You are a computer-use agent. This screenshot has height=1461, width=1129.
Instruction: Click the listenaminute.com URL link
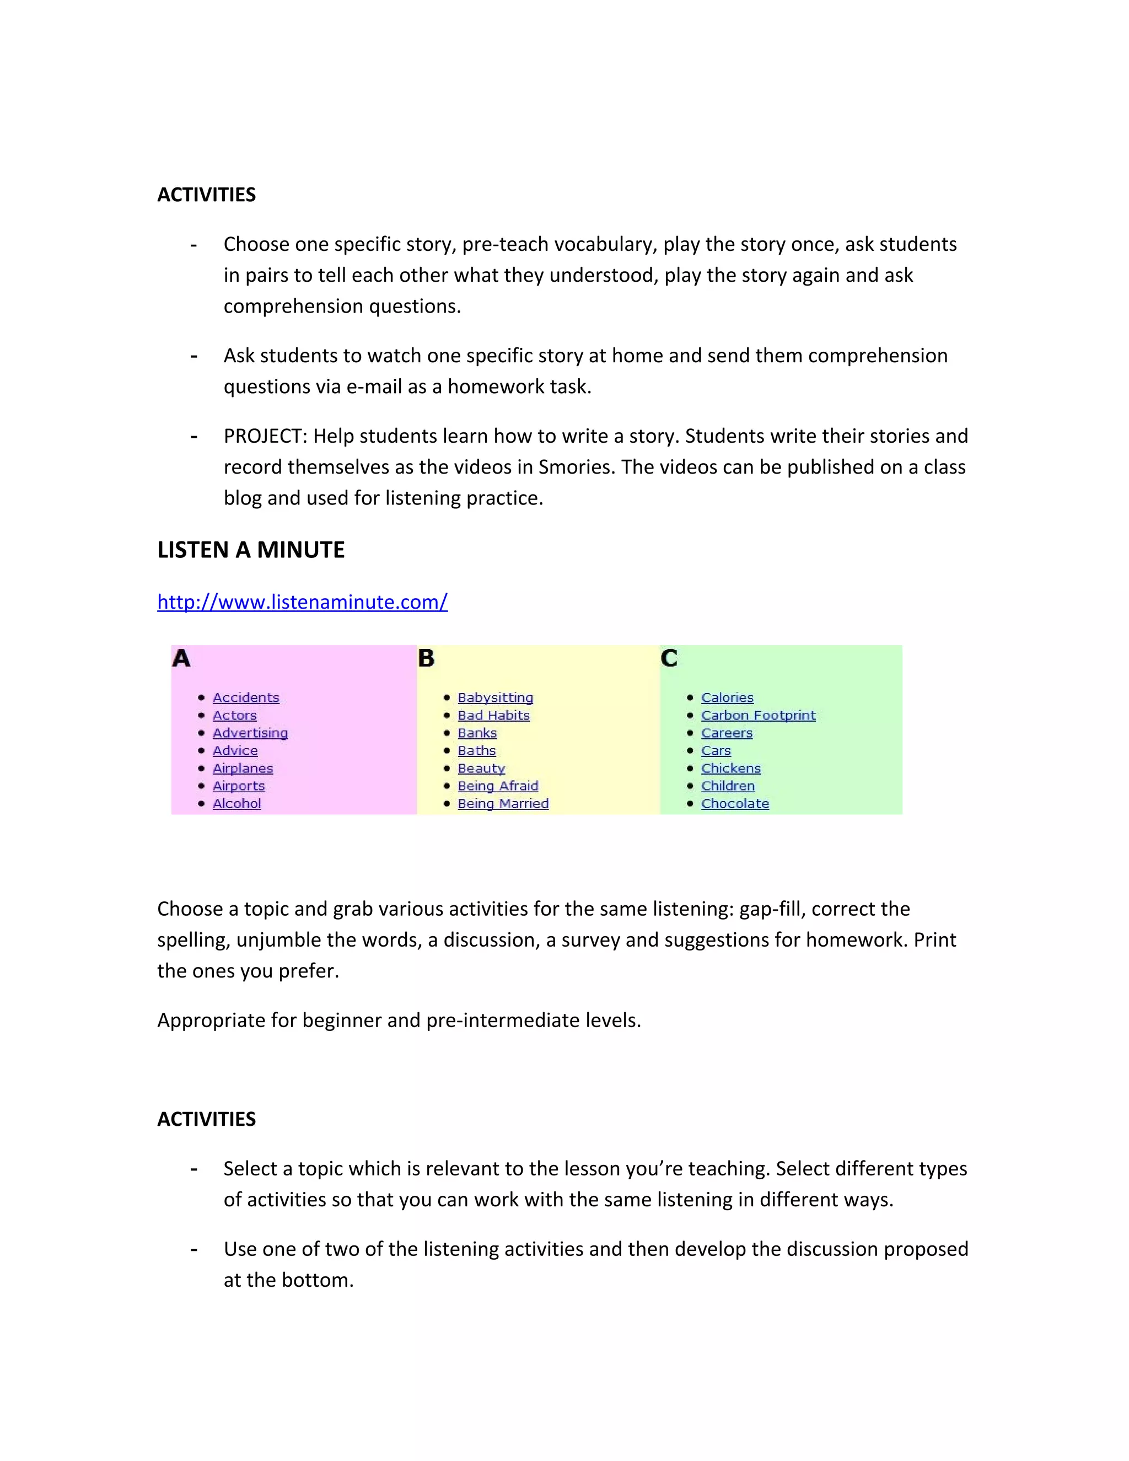click(302, 602)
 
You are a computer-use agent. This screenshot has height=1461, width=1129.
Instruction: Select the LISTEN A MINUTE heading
click(251, 550)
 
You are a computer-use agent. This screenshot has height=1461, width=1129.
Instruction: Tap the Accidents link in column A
click(245, 698)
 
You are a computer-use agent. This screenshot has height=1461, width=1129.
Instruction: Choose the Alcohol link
click(236, 803)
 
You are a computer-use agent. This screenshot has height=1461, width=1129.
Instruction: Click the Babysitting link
click(495, 698)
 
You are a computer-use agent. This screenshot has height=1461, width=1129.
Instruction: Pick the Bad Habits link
click(493, 715)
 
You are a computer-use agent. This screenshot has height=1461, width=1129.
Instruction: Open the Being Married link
click(503, 803)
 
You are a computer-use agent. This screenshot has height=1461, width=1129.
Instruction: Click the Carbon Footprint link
click(759, 715)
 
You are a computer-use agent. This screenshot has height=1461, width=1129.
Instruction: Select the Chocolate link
click(735, 803)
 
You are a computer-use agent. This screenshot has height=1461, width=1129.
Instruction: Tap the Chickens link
click(731, 768)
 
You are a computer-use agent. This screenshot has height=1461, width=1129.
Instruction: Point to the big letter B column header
click(426, 658)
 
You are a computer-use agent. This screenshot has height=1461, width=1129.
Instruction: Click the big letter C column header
click(669, 658)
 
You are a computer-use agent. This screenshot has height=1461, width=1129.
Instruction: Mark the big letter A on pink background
click(181, 658)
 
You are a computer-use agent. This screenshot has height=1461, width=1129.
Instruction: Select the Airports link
click(239, 786)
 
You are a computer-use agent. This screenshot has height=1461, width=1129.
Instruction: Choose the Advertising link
click(250, 733)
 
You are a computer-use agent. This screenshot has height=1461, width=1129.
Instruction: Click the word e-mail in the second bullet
click(374, 386)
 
